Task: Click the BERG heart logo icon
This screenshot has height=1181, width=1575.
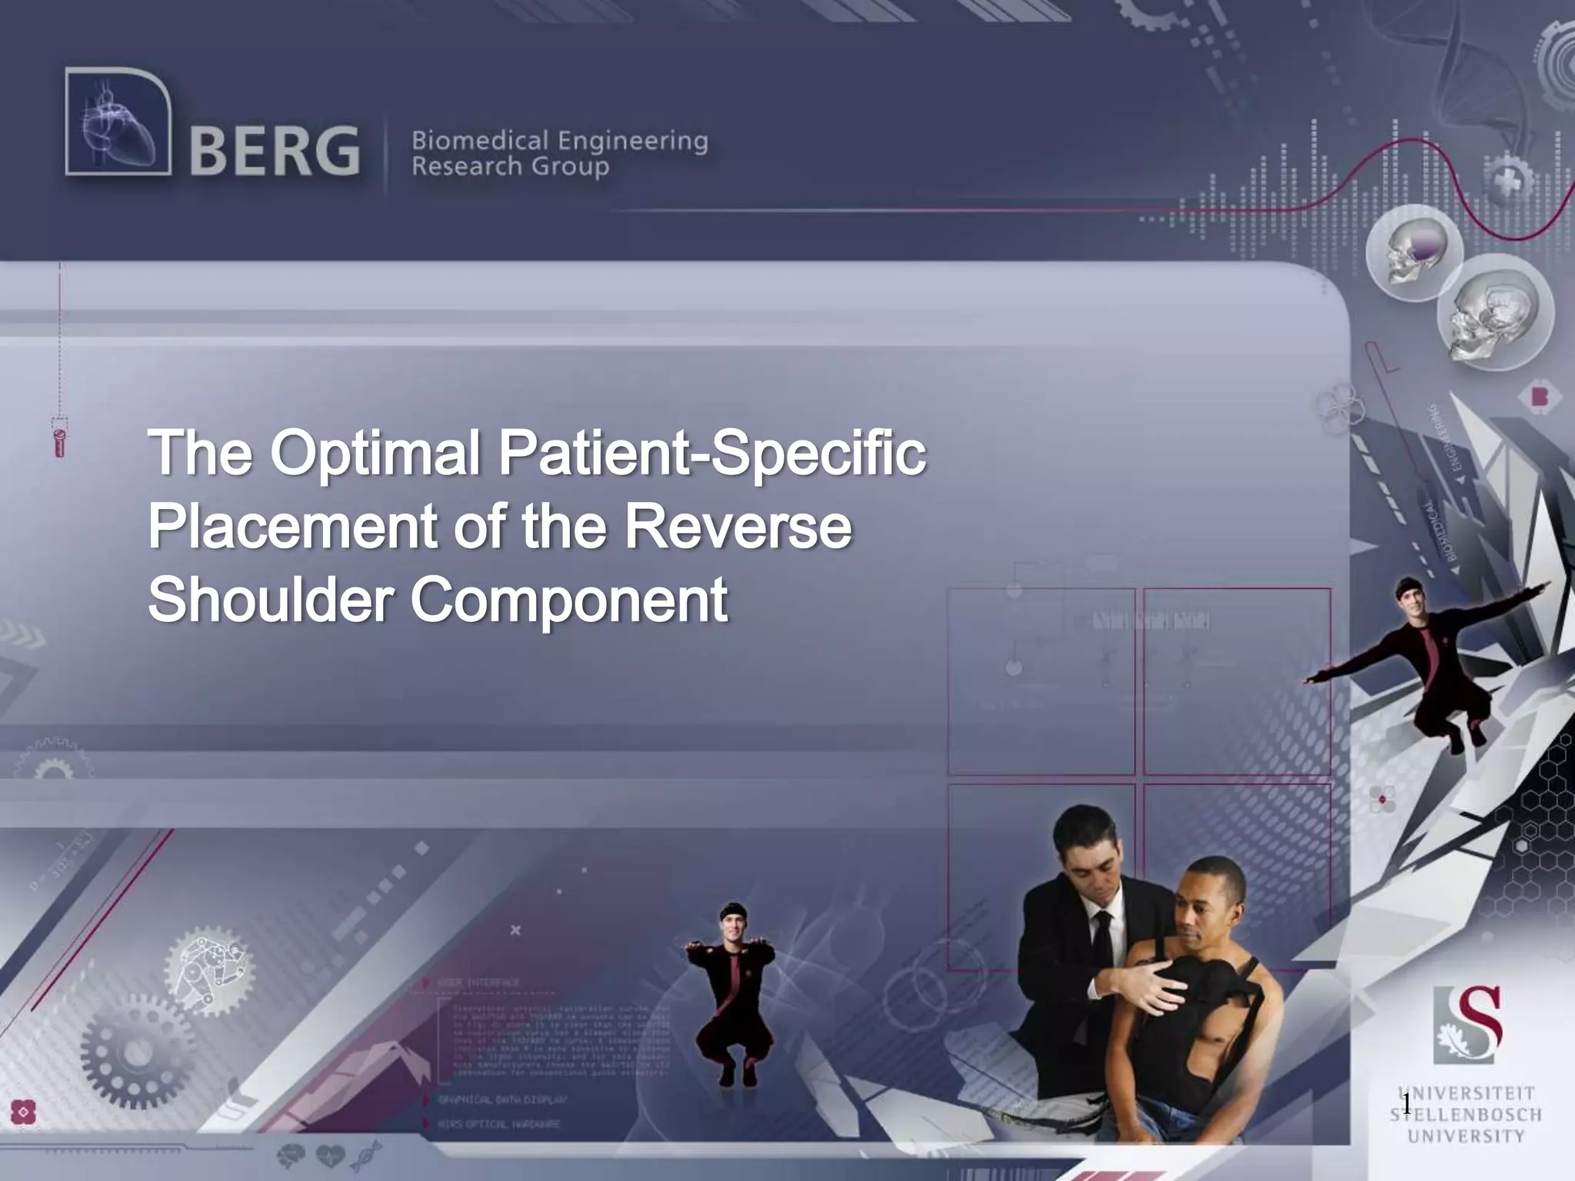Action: tap(118, 121)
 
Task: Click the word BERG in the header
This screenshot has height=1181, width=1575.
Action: tap(274, 151)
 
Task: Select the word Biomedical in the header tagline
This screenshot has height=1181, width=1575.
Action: tap(480, 141)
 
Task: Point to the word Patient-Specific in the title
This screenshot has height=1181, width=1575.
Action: tap(712, 454)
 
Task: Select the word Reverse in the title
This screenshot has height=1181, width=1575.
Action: tap(738, 527)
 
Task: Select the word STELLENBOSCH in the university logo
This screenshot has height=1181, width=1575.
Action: tap(1466, 1115)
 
